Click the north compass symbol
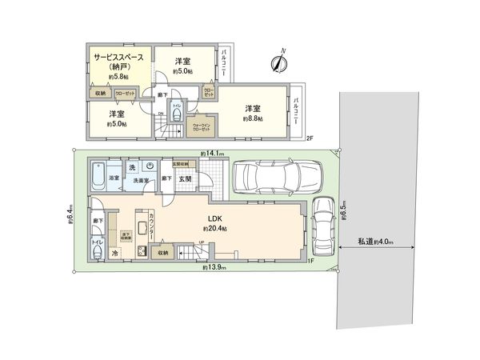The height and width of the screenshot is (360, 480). coord(281,60)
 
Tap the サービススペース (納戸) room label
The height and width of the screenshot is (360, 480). coord(118,62)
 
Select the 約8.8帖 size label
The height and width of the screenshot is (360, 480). coord(253,118)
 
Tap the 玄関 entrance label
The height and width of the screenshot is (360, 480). coord(184,178)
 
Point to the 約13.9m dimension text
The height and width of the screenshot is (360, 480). coord(214,270)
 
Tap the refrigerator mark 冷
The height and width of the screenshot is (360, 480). coord(115,254)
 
